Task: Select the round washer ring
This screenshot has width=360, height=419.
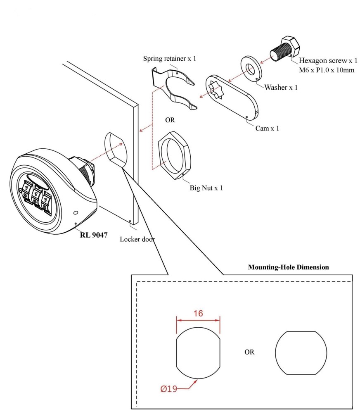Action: [x=250, y=67]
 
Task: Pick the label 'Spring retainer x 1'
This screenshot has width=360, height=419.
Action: [x=169, y=59]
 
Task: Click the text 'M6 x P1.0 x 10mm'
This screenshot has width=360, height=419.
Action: [x=327, y=70]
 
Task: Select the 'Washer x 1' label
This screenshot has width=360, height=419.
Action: [x=281, y=87]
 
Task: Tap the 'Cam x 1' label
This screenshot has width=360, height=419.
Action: [x=267, y=128]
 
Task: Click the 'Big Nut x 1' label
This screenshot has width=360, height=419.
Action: [x=206, y=188]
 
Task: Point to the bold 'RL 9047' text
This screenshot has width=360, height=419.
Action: [x=94, y=235]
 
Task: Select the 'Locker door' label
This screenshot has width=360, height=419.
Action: [x=137, y=239]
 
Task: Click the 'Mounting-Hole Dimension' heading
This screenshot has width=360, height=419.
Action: [x=288, y=267]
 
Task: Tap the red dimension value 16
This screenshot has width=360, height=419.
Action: [x=198, y=313]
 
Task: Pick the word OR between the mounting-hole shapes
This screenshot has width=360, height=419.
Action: [x=249, y=352]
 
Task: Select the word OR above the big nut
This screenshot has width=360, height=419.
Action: [x=170, y=120]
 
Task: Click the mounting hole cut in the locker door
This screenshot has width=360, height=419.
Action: [x=115, y=148]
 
